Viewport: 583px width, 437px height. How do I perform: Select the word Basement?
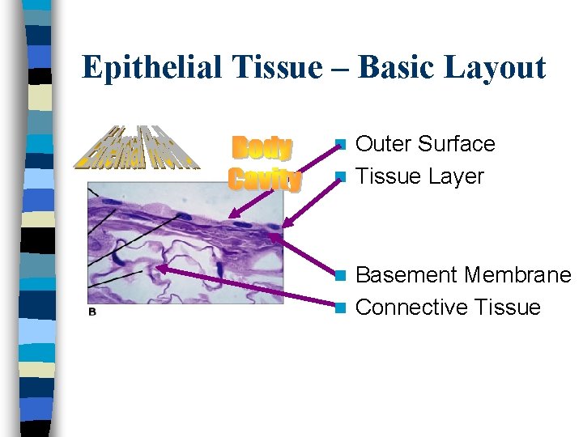pos(406,275)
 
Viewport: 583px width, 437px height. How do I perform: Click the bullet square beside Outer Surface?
pos(342,145)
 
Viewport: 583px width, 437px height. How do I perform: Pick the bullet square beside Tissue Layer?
pos(342,177)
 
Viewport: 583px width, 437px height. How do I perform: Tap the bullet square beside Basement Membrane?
pos(342,276)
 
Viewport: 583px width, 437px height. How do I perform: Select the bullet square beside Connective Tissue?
pos(342,308)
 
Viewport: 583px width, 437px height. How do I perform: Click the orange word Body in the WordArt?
pos(262,149)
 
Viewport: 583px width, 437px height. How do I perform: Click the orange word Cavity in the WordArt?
pos(265,179)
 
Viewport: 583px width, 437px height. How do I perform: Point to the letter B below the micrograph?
pos(92,312)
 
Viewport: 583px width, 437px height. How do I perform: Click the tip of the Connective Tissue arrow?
pos(158,268)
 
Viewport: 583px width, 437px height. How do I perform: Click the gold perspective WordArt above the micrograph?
pos(137,149)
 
